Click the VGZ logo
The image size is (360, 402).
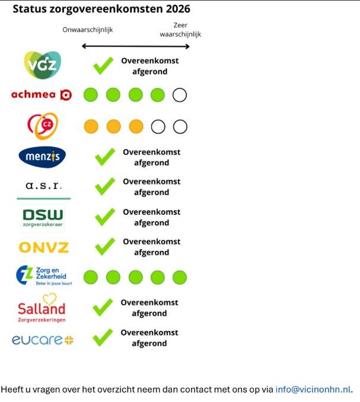click(x=43, y=65)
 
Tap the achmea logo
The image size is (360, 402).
click(x=42, y=95)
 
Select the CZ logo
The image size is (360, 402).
click(x=43, y=126)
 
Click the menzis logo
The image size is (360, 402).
click(x=43, y=157)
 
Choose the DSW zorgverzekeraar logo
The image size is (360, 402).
click(x=43, y=217)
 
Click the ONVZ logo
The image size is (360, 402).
click(x=43, y=247)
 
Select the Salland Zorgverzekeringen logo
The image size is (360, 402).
click(x=42, y=307)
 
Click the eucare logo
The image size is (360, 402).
click(x=43, y=340)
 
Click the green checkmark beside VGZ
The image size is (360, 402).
click(x=103, y=65)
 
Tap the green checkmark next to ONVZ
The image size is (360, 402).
click(x=105, y=246)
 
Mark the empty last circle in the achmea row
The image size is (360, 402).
click(x=180, y=95)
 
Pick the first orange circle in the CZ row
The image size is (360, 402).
click(x=91, y=126)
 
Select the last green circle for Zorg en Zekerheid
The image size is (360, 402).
click(x=180, y=277)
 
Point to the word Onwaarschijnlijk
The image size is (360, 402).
click(x=88, y=30)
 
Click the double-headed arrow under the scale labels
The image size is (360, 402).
click(x=135, y=46)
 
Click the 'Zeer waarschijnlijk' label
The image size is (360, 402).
click(x=180, y=30)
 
